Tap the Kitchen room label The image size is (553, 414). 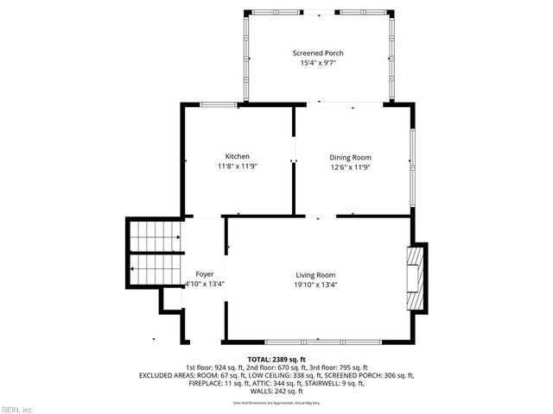point(238,156)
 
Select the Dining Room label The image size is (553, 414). point(350,157)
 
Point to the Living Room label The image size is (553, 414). point(315,274)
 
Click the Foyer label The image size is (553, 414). point(205,274)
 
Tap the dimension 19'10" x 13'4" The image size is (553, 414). point(315,284)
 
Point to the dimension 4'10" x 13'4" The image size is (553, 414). point(204,284)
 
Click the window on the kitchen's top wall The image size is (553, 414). point(219,105)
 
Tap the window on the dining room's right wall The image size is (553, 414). point(413,156)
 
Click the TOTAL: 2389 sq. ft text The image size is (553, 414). point(276,359)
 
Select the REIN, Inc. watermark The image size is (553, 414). point(16,409)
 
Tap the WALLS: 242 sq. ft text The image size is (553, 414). point(276,391)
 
